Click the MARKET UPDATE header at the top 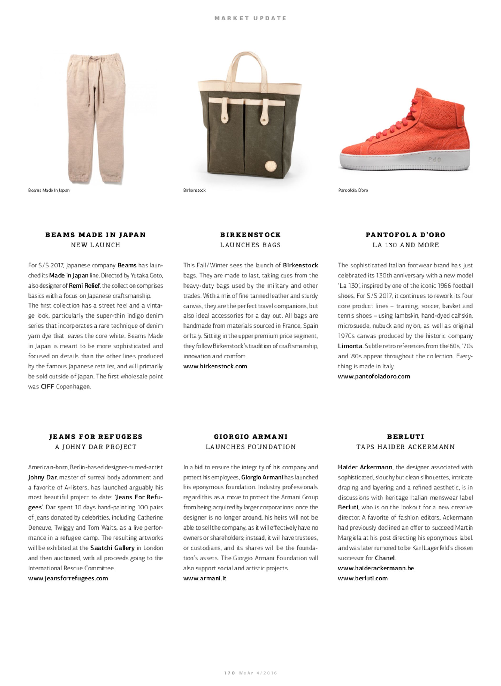click(250, 18)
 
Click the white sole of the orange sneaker click(405, 160)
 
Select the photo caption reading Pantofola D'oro click(353, 190)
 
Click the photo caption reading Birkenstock click(194, 190)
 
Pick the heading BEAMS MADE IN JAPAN click(96, 235)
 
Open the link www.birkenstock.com click(215, 366)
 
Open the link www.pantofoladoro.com click(374, 377)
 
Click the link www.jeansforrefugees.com click(68, 578)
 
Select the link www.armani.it click(205, 578)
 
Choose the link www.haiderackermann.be click(376, 568)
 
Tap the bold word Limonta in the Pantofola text click(350, 346)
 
